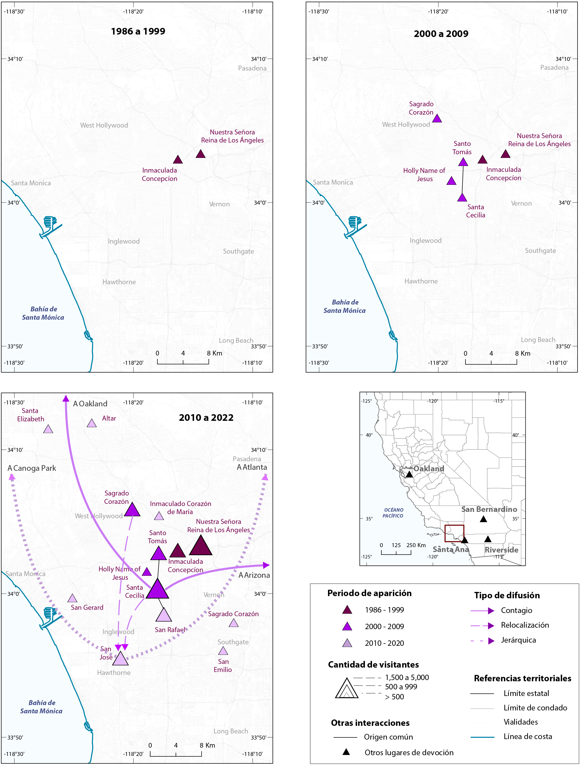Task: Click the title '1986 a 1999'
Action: coord(138,32)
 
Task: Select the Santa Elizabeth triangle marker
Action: coord(48,429)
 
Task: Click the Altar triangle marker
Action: coord(92,423)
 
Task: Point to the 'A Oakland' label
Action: coord(90,404)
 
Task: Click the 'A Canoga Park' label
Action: coord(32,468)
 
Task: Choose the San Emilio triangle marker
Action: coord(223,651)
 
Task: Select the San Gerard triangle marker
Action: coord(72,598)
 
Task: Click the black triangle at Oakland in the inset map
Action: coord(409,474)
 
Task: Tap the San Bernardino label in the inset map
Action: coord(489,509)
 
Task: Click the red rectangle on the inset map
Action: coord(454,533)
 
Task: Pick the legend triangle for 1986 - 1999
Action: coord(347,610)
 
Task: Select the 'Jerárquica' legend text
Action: coord(518,640)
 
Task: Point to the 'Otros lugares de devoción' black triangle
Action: coord(346,752)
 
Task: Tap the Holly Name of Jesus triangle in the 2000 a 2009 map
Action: coord(451,181)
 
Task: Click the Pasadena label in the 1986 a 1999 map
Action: coord(252,68)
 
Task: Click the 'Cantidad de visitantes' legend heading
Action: coord(373,664)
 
